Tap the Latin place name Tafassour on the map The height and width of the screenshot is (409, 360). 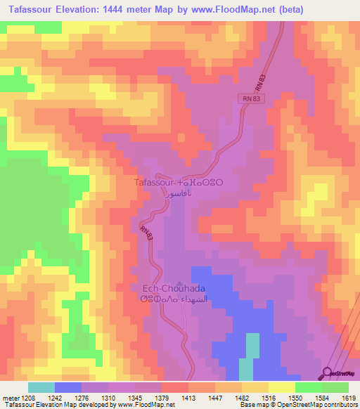[155, 181]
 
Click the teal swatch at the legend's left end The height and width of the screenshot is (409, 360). [41, 387]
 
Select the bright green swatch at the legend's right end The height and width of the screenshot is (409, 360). [335, 387]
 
